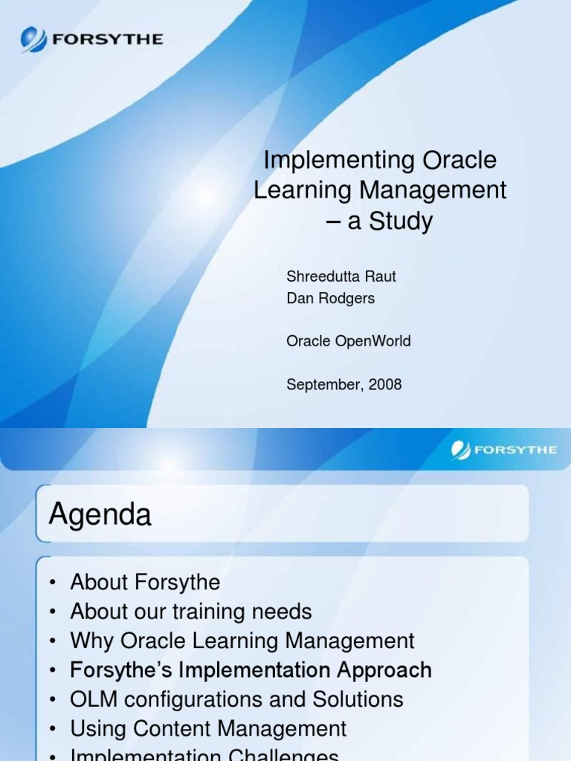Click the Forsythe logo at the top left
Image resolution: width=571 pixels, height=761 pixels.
tap(91, 38)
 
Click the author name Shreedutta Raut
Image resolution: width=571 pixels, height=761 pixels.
tap(341, 276)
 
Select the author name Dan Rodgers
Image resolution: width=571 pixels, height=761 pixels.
tap(330, 298)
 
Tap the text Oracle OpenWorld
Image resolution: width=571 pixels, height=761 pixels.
tap(348, 341)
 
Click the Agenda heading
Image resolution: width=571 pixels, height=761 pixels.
tap(100, 514)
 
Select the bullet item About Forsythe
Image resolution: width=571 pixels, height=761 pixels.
tap(145, 582)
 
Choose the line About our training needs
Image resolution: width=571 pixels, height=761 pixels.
tap(190, 612)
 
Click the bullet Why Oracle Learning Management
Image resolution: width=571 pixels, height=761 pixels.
tap(242, 641)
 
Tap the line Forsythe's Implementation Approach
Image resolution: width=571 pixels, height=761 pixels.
tap(251, 670)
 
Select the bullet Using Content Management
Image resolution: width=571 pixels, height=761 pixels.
tap(208, 728)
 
